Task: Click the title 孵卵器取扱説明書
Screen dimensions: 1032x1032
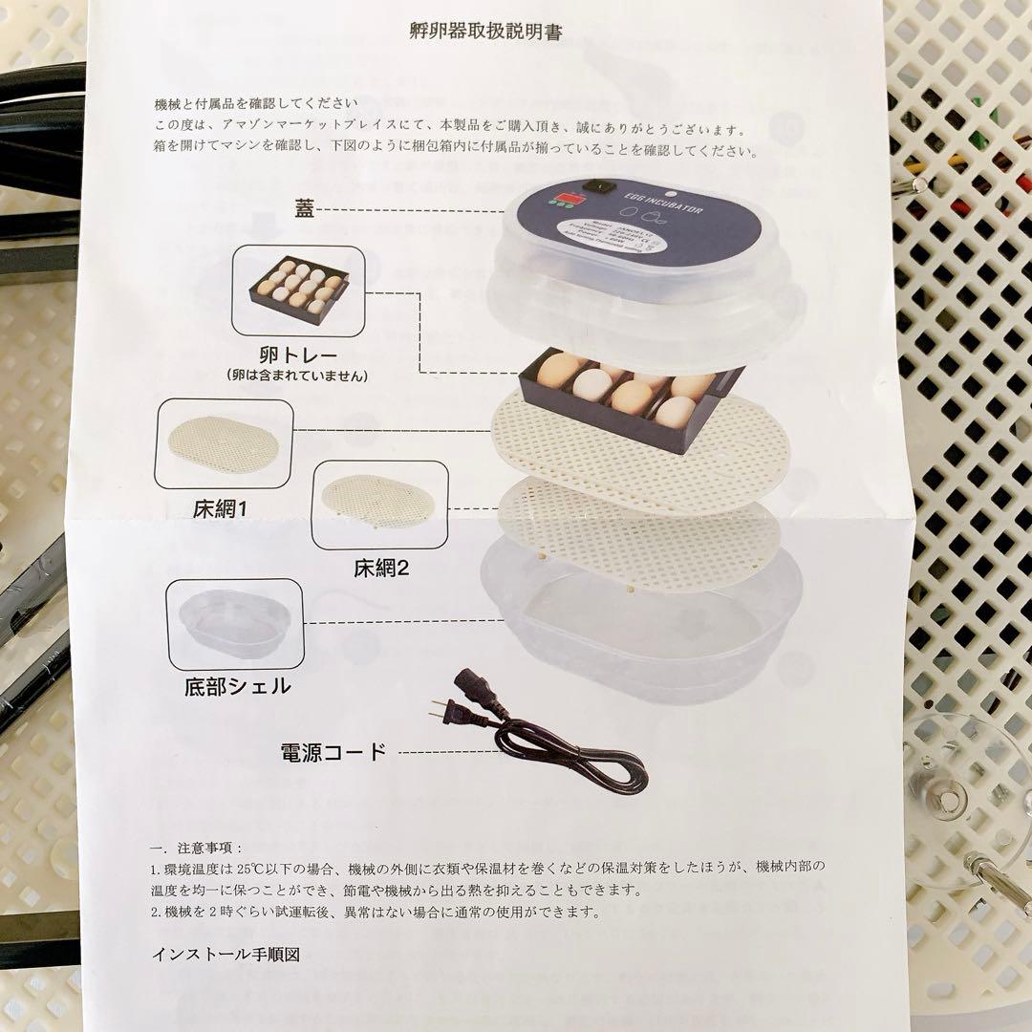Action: coord(485,32)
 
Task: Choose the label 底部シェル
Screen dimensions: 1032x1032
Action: coord(238,686)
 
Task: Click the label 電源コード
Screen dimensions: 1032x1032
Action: coord(333,751)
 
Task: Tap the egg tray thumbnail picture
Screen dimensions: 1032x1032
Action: coord(298,290)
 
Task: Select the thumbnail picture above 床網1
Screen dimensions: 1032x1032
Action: coord(224,444)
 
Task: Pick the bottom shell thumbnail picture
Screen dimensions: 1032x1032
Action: coord(235,624)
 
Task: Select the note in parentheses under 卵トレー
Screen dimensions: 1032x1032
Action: coord(298,376)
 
